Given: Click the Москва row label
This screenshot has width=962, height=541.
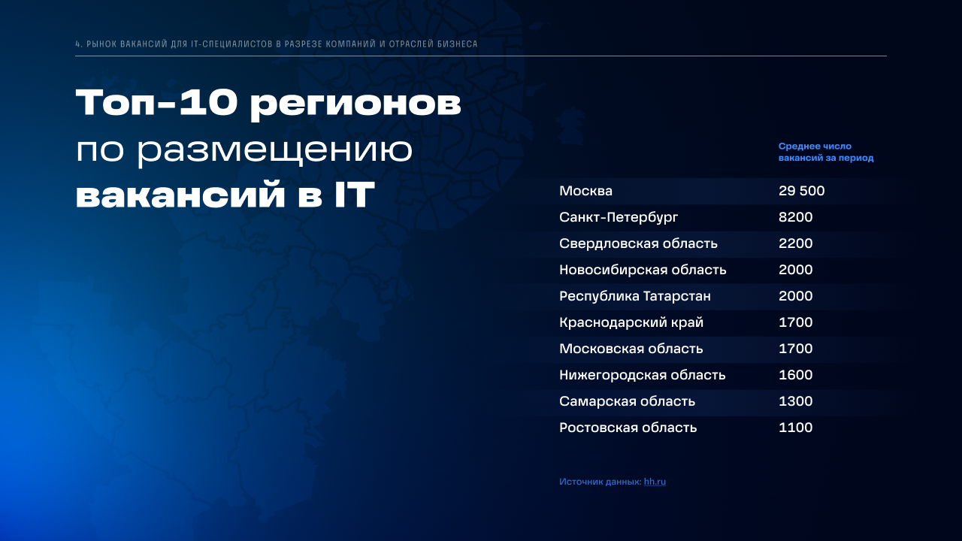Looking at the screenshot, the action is tap(585, 191).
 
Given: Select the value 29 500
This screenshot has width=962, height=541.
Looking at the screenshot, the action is tap(801, 191).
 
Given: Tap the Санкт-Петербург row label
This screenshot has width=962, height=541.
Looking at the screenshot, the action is tap(619, 217).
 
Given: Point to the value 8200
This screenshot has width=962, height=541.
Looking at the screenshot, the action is tap(795, 217).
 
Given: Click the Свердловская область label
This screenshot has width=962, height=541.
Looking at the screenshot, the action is tap(638, 243).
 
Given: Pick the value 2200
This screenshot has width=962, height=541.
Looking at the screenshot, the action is tap(795, 243).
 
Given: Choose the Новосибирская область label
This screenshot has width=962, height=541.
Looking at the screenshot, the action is tap(643, 270).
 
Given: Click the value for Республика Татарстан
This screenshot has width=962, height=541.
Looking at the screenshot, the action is tap(795, 296).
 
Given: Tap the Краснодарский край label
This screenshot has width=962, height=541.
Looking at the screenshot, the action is tap(631, 322).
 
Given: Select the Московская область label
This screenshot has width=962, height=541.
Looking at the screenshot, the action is tap(631, 349).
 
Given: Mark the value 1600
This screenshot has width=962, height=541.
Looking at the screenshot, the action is tap(795, 375).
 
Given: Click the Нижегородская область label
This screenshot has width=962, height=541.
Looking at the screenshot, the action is tap(642, 375).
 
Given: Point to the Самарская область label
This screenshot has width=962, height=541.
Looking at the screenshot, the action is tap(627, 401).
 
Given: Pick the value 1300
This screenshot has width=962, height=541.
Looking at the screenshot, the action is tap(795, 401).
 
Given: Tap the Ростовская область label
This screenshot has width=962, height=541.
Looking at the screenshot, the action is tap(628, 428).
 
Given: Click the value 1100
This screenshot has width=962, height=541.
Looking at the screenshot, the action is tap(795, 428).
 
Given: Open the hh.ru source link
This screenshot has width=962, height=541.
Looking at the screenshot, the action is tap(655, 482).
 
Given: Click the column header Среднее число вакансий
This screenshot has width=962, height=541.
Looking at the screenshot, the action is tap(826, 152).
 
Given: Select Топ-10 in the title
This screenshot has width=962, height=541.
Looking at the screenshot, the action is tap(156, 103).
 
